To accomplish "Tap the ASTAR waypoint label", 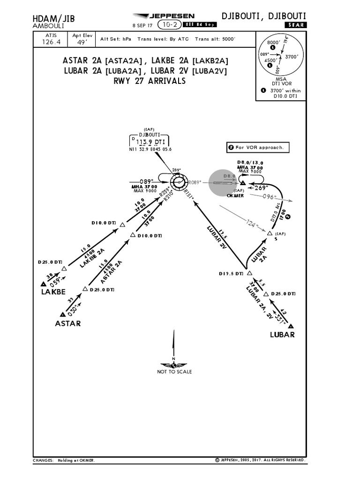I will tap(68, 323).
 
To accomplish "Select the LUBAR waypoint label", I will tap(282, 335).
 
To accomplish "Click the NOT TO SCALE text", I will tap(174, 372).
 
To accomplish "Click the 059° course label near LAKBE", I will tap(55, 281).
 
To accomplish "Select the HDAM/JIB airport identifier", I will tap(53, 18).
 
